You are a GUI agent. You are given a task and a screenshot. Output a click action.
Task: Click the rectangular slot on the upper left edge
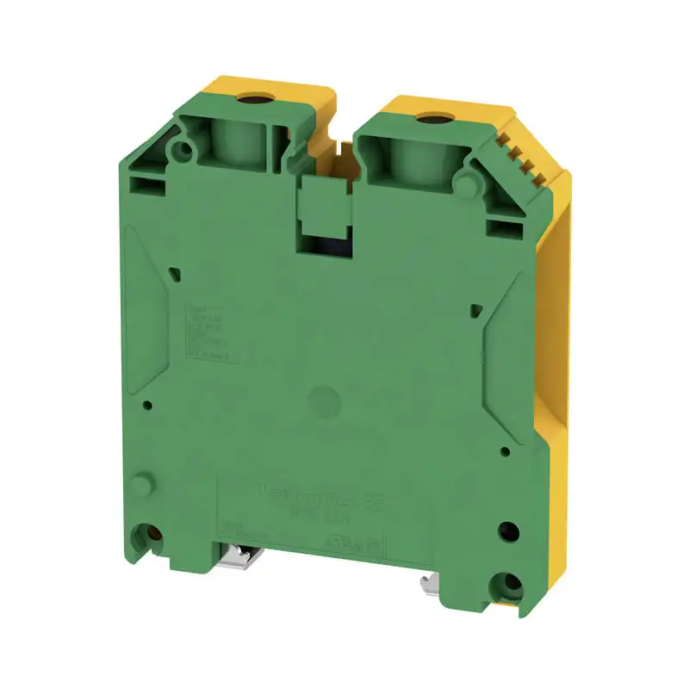coord(141,183)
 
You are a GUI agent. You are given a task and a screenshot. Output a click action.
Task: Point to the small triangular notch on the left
coord(176,274)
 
